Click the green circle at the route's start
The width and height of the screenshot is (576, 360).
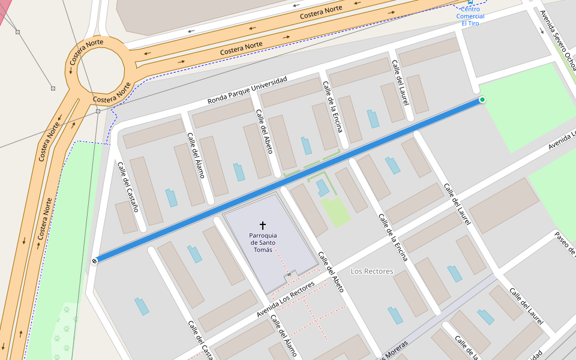pos(482,100)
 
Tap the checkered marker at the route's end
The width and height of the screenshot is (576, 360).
pos(95,260)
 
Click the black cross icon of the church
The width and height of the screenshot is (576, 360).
pos(262,225)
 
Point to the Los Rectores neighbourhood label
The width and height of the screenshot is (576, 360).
pos(372,271)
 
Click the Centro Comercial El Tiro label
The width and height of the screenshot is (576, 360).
pos(470,16)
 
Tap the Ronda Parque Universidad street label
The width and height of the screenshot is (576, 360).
pos(247,90)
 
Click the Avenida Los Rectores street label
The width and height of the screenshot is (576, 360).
pos(286,300)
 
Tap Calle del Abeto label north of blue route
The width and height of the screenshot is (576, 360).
pos(265,131)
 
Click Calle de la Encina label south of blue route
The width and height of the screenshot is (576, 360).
pos(393,238)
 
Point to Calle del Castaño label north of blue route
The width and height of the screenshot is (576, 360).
pos(128,187)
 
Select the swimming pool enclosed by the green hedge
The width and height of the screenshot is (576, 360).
pos(323,188)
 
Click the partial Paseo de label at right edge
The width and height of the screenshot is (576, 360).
pos(565,245)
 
